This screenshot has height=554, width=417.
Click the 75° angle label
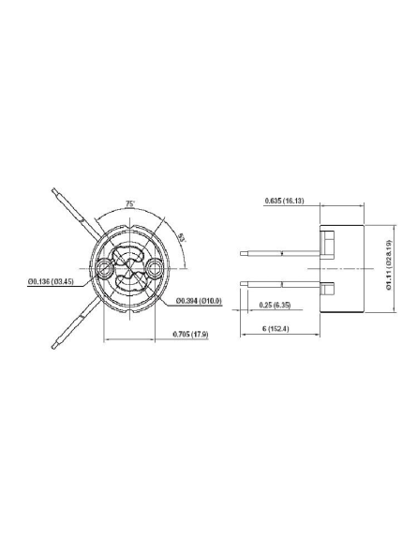130,203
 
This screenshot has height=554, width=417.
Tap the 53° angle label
182,237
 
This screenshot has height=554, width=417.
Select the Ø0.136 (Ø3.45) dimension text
51,281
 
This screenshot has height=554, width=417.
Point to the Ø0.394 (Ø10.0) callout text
199,301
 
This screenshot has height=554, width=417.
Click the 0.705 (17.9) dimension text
190,334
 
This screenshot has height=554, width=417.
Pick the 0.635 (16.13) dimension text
284,201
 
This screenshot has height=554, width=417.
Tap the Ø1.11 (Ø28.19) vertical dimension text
388,265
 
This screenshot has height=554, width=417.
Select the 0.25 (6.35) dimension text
275,305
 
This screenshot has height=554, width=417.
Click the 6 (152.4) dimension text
276,329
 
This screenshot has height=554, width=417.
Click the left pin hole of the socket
104,269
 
